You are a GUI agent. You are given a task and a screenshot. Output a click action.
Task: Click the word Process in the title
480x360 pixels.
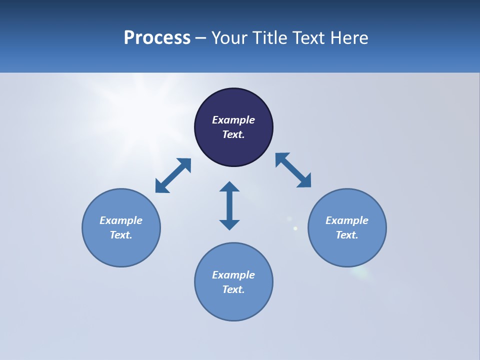(157, 38)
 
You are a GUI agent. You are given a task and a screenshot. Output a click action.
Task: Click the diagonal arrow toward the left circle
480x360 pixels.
(173, 175)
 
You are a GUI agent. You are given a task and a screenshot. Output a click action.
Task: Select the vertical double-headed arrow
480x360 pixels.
(229, 205)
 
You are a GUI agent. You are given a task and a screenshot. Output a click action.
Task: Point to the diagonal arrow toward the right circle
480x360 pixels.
(293, 170)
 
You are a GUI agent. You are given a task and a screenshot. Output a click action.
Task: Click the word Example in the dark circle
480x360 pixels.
(233, 120)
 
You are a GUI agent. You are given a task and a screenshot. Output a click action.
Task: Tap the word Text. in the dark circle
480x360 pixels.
(233, 134)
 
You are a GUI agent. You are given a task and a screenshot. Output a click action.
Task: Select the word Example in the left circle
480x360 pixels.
(121, 220)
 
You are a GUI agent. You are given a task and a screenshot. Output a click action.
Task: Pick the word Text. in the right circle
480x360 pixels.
(347, 235)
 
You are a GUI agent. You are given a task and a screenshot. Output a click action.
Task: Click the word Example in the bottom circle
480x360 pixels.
(233, 275)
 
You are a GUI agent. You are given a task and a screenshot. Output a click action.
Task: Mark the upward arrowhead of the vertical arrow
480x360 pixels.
(229, 186)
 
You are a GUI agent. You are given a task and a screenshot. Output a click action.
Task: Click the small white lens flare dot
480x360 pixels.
(295, 228)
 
